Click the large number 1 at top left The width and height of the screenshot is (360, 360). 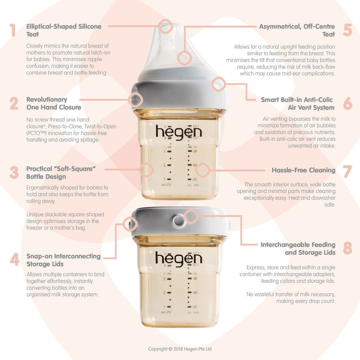(13, 30)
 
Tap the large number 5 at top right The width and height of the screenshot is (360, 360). (347, 30)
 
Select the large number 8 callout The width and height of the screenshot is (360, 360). (347, 248)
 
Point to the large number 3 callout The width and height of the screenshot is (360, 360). (14, 173)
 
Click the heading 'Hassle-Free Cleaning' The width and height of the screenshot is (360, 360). (303, 170)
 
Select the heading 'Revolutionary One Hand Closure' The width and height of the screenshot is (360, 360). (54, 103)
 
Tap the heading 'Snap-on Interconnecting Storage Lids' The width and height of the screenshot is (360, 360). (63, 260)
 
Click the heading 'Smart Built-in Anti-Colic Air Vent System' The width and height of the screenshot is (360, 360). (297, 103)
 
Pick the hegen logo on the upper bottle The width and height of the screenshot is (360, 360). (179, 132)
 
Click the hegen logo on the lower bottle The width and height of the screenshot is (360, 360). (179, 259)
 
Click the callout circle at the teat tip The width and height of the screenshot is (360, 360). (166, 27)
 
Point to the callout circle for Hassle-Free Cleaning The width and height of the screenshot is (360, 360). (203, 170)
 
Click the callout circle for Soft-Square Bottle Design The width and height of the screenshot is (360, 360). (146, 170)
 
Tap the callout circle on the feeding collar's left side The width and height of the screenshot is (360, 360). (136, 99)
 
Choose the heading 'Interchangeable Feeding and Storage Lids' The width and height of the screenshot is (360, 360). (298, 249)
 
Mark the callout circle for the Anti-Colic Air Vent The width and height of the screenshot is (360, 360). (218, 84)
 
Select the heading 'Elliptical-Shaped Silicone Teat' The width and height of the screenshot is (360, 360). (64, 30)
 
